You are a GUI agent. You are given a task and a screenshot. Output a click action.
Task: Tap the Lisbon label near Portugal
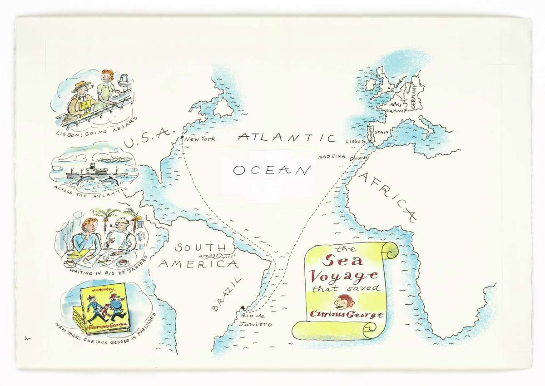(x=356, y=142)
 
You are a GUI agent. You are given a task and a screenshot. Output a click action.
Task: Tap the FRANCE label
(x=396, y=110)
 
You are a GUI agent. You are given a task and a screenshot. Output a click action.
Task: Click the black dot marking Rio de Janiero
(x=244, y=307)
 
